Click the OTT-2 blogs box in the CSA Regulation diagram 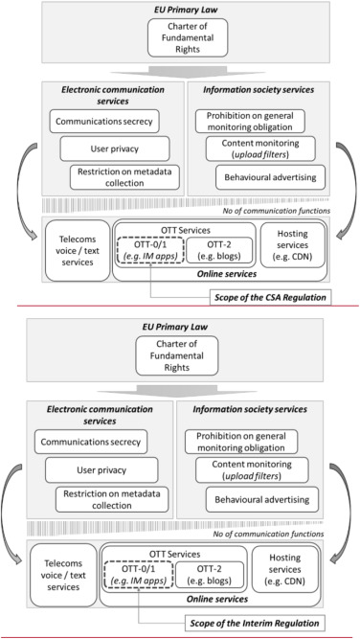pyautogui.click(x=219, y=254)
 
